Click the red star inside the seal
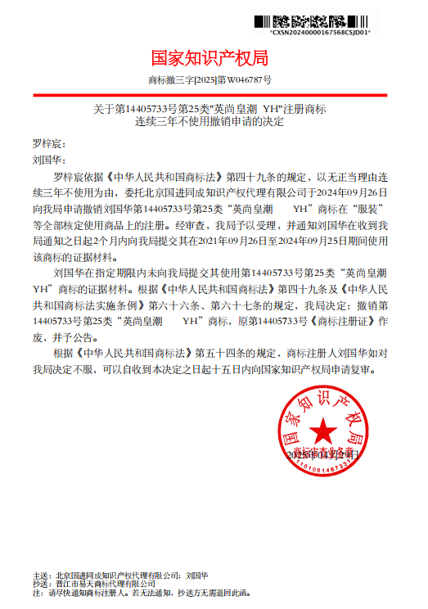point(322,429)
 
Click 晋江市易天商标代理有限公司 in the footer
point(102,584)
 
